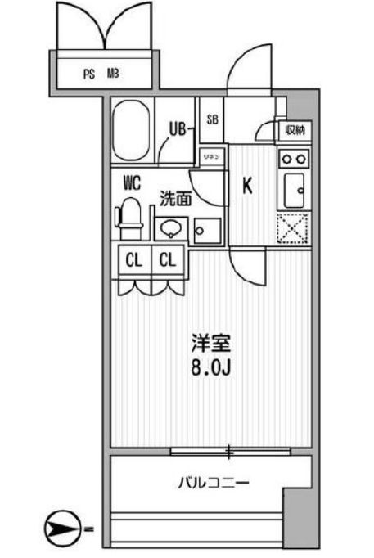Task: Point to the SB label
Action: click(x=212, y=119)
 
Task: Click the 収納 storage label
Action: click(x=295, y=129)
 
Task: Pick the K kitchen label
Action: click(x=246, y=186)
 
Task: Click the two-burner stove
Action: click(x=294, y=158)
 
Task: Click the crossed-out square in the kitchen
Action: click(x=294, y=228)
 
